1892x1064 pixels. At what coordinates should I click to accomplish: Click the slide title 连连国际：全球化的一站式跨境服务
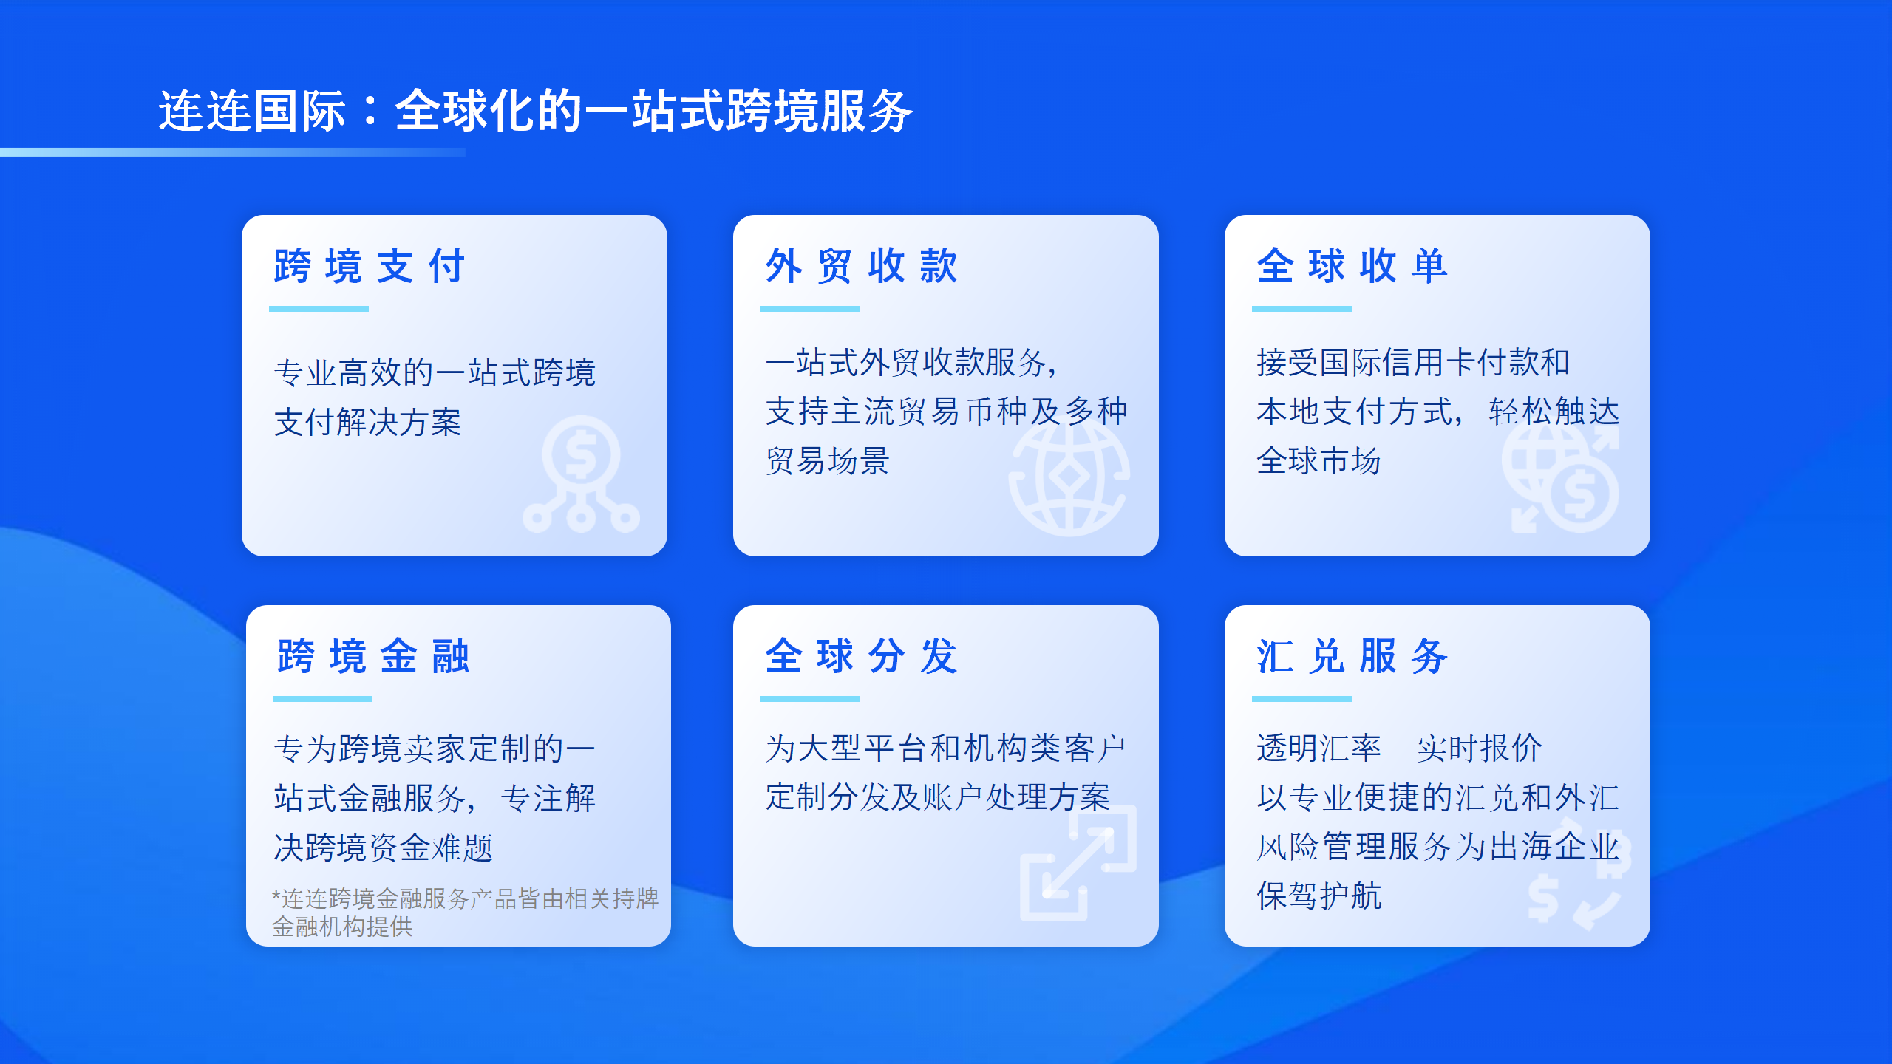point(536,111)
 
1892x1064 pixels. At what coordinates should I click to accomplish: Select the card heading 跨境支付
point(370,266)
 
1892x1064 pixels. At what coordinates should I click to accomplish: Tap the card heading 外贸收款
point(862,266)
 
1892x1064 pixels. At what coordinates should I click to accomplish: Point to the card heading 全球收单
point(1352,266)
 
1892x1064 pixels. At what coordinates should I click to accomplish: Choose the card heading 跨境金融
point(373,656)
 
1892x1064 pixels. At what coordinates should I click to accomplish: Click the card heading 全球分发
point(862,656)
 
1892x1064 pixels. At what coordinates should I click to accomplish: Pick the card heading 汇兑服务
point(1352,656)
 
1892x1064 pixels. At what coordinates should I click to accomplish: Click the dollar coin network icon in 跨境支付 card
point(581,474)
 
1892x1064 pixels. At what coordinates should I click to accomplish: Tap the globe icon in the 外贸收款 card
point(1069,477)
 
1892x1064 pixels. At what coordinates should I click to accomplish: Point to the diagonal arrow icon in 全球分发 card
point(1078,863)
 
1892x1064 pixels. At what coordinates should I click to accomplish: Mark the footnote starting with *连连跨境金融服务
point(465,913)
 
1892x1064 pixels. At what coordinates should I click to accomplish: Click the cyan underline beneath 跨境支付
point(319,309)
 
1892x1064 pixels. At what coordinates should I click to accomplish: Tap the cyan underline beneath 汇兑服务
point(1301,699)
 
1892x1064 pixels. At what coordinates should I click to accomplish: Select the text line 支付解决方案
point(367,423)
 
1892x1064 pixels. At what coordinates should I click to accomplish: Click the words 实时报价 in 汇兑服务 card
point(1480,748)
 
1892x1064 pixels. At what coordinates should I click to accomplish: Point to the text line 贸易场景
point(828,461)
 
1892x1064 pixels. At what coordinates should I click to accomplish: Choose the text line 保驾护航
point(1319,896)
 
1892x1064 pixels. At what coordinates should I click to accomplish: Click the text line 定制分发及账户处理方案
point(938,797)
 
